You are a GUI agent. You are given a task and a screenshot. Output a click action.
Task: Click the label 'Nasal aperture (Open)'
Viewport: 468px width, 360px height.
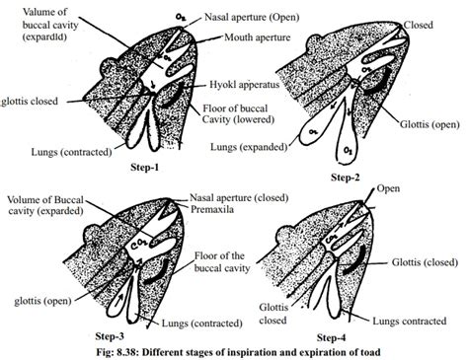click(x=262, y=18)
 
